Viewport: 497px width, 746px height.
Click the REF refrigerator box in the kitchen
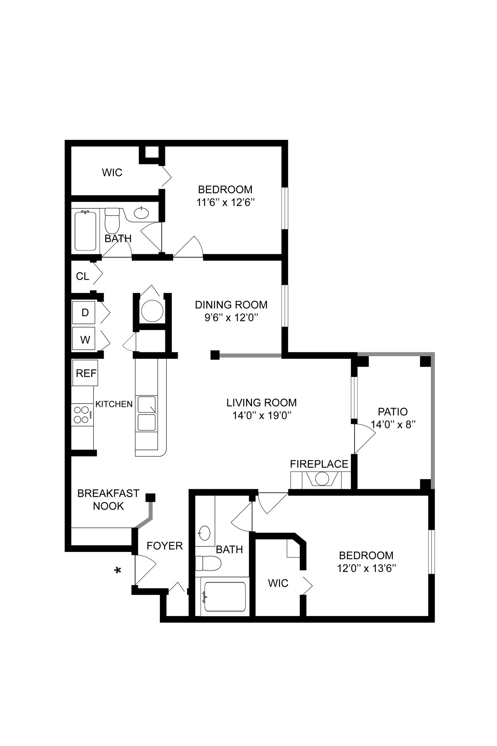tap(86, 373)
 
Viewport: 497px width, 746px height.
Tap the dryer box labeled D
tap(84, 313)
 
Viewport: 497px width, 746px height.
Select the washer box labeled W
tap(84, 339)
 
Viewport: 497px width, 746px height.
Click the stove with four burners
tap(82, 415)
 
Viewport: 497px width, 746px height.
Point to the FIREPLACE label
tap(319, 464)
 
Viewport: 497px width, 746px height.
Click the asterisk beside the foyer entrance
tap(118, 571)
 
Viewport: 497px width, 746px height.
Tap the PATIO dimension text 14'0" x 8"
tap(393, 424)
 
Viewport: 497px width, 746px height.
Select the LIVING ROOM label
tap(261, 403)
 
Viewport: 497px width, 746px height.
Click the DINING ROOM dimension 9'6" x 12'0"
tap(231, 318)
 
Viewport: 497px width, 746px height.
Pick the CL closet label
tap(82, 276)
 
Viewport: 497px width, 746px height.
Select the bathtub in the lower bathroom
tap(225, 597)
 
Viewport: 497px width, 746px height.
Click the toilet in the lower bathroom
tap(208, 564)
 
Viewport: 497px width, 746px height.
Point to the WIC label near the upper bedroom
tap(112, 173)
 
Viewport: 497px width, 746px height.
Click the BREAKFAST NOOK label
tap(108, 499)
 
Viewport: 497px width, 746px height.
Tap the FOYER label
tap(165, 546)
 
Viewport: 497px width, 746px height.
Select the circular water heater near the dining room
tap(152, 311)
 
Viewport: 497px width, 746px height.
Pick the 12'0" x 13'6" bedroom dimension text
tap(366, 568)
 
